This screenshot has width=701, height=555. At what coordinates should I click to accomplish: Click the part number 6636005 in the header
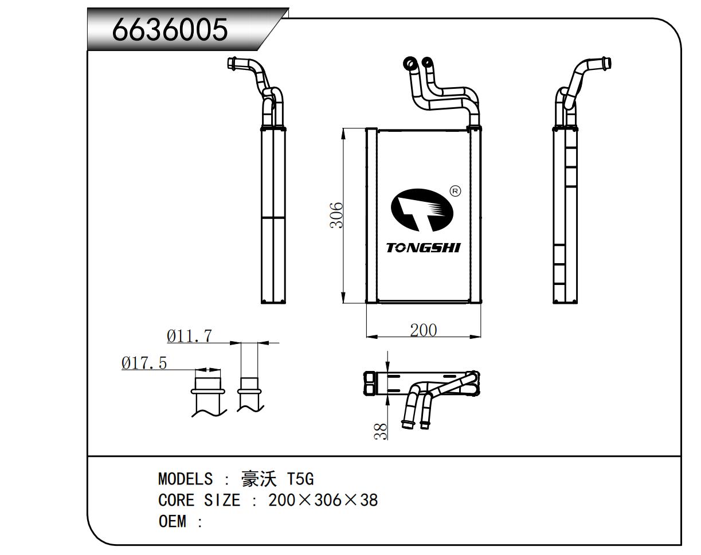pos(170,29)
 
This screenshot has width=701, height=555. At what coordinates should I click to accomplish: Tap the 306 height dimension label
pos(336,215)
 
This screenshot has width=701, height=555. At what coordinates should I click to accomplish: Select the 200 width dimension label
pos(423,330)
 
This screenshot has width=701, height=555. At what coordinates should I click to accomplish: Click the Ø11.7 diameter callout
pos(189,336)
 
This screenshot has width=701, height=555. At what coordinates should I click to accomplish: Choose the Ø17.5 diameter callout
pos(144,363)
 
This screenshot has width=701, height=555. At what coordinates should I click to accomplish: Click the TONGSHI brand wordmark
pos(423,248)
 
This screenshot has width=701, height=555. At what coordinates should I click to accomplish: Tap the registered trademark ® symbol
pos(455,191)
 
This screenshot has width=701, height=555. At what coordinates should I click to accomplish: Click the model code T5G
pos(300,479)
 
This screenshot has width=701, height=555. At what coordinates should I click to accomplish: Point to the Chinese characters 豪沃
pos(259,479)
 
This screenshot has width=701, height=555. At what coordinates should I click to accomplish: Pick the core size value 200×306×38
pos(323,500)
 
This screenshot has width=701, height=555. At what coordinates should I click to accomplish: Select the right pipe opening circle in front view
pos(426,62)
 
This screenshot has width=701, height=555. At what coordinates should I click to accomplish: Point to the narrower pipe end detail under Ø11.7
pos(249,390)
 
